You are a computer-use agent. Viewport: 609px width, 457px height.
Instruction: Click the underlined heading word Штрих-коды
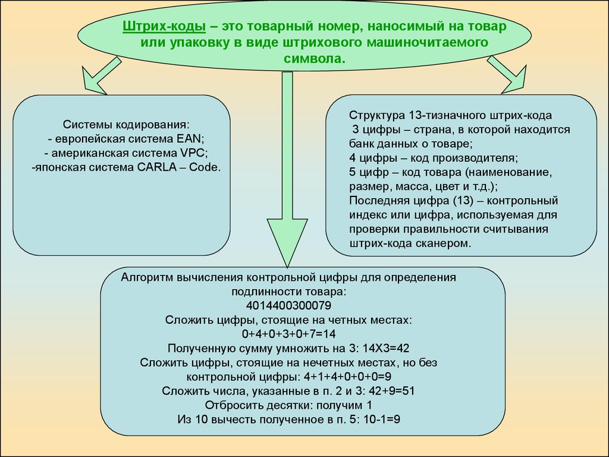pyautogui.click(x=164, y=26)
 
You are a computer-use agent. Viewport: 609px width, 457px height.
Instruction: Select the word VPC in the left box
pyautogui.click(x=193, y=153)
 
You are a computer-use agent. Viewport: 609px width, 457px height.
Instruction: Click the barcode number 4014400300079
pyautogui.click(x=288, y=305)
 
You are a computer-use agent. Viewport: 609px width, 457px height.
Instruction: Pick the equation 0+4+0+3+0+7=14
pyautogui.click(x=288, y=334)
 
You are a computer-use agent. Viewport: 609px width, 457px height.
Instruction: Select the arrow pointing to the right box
pyautogui.click(x=507, y=74)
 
